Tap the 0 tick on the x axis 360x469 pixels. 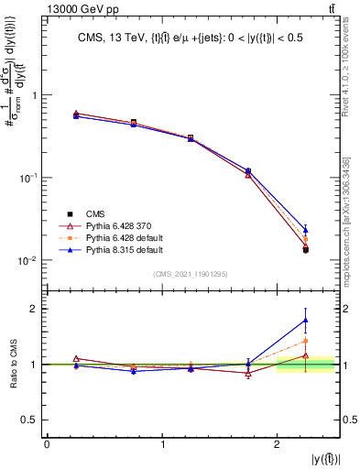point(47,443)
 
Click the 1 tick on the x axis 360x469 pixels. point(162,443)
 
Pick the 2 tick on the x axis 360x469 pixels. point(278,443)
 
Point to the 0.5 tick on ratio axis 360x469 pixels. point(33,420)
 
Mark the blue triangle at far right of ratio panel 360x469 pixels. point(306,320)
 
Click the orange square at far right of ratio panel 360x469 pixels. point(306,341)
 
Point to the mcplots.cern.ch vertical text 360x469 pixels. point(352,220)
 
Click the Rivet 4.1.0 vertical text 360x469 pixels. point(352,69)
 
